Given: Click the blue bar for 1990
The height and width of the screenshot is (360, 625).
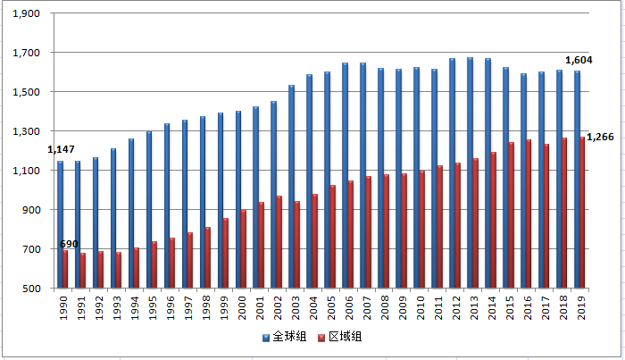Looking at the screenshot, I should pos(60,224).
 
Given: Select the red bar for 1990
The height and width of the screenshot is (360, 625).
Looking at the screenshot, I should pos(66,269).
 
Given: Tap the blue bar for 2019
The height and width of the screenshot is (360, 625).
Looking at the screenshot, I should pos(577,180).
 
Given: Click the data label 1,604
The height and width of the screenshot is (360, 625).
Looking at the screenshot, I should pos(579,60).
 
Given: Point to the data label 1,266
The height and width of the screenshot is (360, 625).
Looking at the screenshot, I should pos(601,137).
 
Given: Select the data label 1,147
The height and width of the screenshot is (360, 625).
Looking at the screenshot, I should pos(61,148).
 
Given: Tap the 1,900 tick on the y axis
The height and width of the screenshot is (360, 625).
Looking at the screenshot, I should pos(29,13).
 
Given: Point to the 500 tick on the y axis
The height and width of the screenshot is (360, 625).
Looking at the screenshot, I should pos(34,289).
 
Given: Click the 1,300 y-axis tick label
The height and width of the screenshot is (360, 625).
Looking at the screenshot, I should pos(29,131).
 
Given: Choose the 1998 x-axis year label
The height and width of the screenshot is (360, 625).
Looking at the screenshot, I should pos(206,306).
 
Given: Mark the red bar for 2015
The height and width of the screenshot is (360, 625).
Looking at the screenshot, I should pos(512,215).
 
